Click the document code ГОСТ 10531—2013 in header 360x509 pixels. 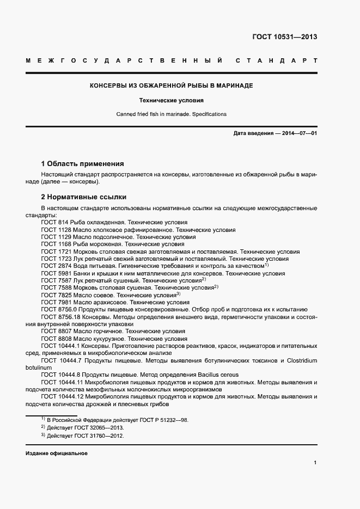(284, 37)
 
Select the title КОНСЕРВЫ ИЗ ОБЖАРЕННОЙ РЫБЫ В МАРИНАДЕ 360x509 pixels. (171, 86)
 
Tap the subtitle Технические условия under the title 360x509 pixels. (171, 101)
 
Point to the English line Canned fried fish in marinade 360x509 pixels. (171, 114)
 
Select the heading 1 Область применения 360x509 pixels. (82, 163)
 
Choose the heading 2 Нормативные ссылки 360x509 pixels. (84, 197)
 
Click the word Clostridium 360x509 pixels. (300, 360)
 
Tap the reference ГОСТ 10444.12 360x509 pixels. (62, 397)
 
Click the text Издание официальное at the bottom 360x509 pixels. (57, 453)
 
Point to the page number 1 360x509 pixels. (315, 463)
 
